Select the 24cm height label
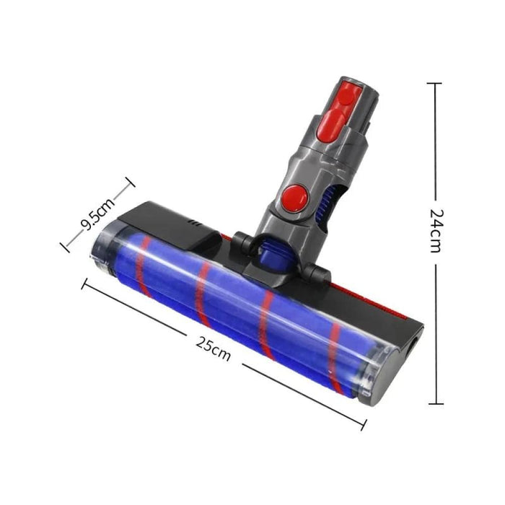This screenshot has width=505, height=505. click(436, 231)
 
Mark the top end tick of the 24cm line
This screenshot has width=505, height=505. click(434, 84)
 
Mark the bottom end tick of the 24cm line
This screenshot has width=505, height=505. click(434, 404)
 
